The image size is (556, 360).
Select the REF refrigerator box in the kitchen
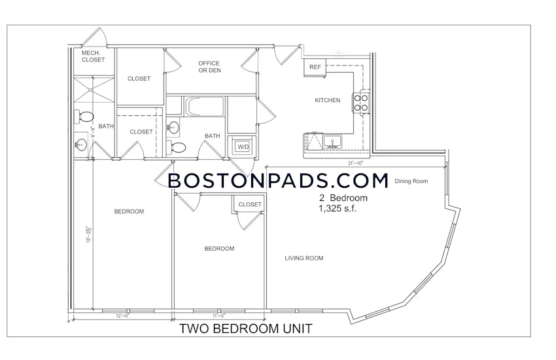coord(315,67)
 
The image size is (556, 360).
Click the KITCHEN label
coord(327,100)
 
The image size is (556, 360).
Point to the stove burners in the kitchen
coord(360,101)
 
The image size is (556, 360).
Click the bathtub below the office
coord(205,107)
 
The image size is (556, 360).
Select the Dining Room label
coord(412,181)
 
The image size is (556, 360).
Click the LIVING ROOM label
coord(304,258)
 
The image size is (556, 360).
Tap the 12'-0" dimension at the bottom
coord(124,315)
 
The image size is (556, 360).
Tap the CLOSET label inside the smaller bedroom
coord(250,204)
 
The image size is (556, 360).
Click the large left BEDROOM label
coord(129,211)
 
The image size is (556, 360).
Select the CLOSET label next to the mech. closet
coord(139,79)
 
